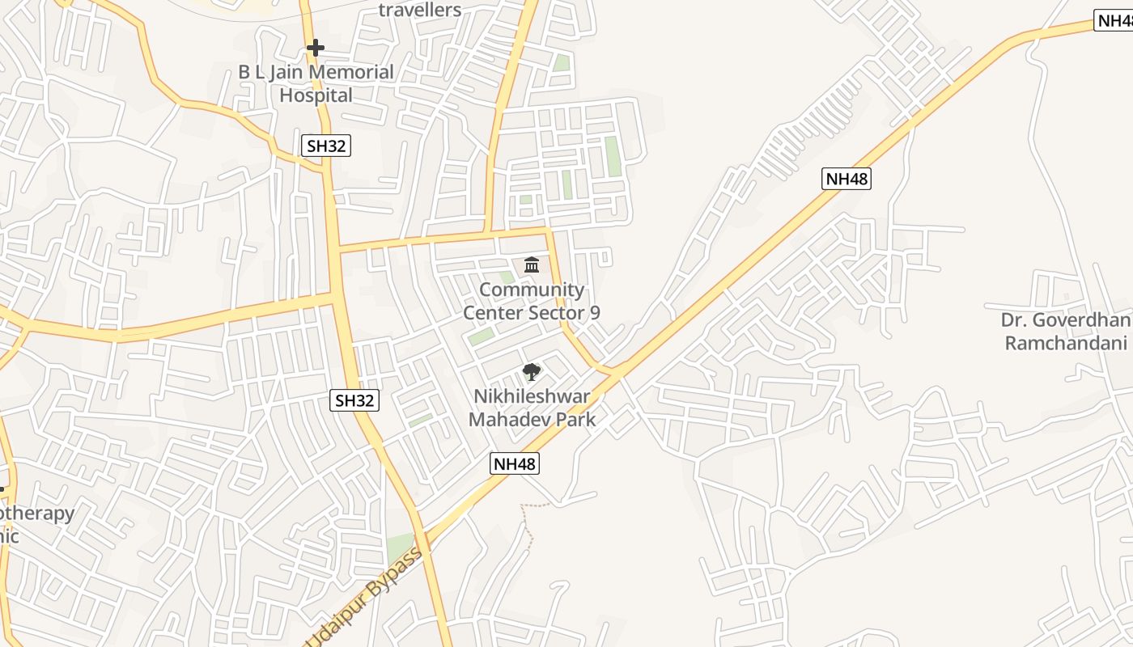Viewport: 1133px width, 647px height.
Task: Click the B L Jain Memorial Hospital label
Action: [x=316, y=83]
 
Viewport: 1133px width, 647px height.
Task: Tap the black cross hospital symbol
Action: [x=316, y=49]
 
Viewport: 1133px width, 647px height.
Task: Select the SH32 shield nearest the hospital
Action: [x=327, y=146]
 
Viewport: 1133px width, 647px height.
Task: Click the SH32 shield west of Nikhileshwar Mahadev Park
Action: [x=355, y=400]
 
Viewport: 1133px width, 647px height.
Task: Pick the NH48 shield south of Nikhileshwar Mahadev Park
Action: [x=515, y=463]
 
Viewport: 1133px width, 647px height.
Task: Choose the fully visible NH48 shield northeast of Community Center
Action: [x=847, y=179]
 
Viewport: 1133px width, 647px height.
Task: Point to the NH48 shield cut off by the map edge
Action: [x=1114, y=21]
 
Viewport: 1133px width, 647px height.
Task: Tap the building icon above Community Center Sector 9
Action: [x=532, y=264]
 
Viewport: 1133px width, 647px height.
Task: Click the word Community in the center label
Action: [x=532, y=290]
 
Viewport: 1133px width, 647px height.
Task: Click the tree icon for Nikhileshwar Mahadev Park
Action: [x=532, y=372]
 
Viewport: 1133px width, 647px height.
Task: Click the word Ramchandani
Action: [x=1066, y=343]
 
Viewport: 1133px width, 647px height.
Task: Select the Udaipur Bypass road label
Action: [x=364, y=597]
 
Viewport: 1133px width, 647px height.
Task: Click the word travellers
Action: [x=420, y=10]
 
